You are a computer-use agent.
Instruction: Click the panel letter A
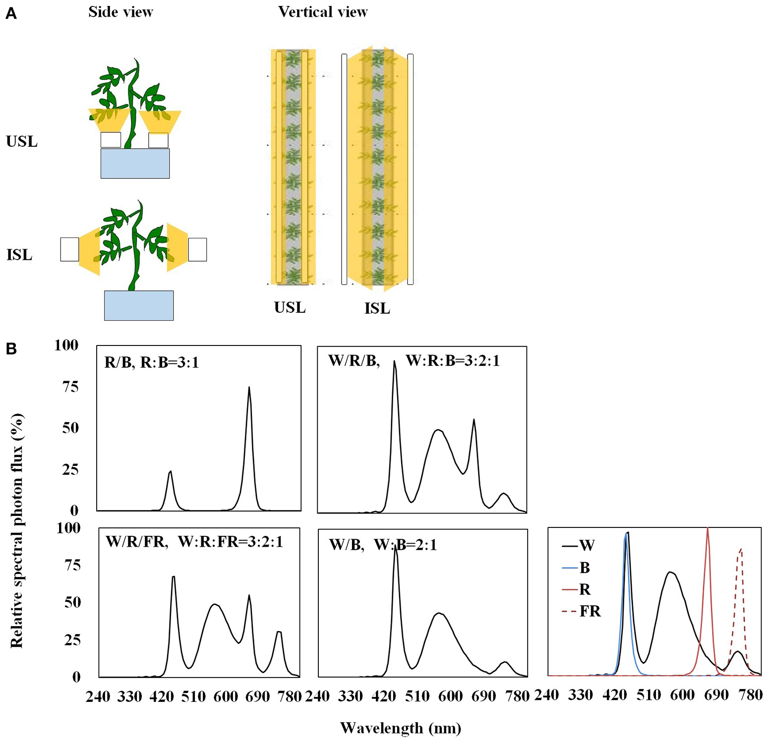coord(11,14)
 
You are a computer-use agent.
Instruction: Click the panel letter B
coord(11,349)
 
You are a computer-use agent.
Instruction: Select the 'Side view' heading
coord(120,12)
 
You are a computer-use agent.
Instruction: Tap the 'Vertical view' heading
coord(323,12)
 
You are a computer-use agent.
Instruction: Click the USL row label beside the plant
coord(22,142)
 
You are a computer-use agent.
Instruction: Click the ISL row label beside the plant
coord(19,255)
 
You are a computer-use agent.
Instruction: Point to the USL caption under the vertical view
coord(290,308)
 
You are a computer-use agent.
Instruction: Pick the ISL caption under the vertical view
coord(377,309)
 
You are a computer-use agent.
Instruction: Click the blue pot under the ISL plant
coord(139,305)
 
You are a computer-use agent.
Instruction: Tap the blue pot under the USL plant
coord(135,164)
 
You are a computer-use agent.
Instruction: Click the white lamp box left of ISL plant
coord(69,249)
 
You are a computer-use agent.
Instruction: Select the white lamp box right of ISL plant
coord(197,249)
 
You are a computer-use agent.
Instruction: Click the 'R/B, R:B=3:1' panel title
coord(152,363)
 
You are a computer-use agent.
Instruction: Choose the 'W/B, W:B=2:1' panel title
coord(383,545)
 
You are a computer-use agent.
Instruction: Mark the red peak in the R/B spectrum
coord(249,388)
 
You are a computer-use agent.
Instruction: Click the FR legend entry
coord(581,612)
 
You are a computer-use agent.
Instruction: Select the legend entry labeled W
coord(578,546)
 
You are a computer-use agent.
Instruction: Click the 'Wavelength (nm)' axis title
coord(401,728)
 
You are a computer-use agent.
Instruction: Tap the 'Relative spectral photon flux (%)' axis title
coord(17,530)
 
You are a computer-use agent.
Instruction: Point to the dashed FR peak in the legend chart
coord(741,550)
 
